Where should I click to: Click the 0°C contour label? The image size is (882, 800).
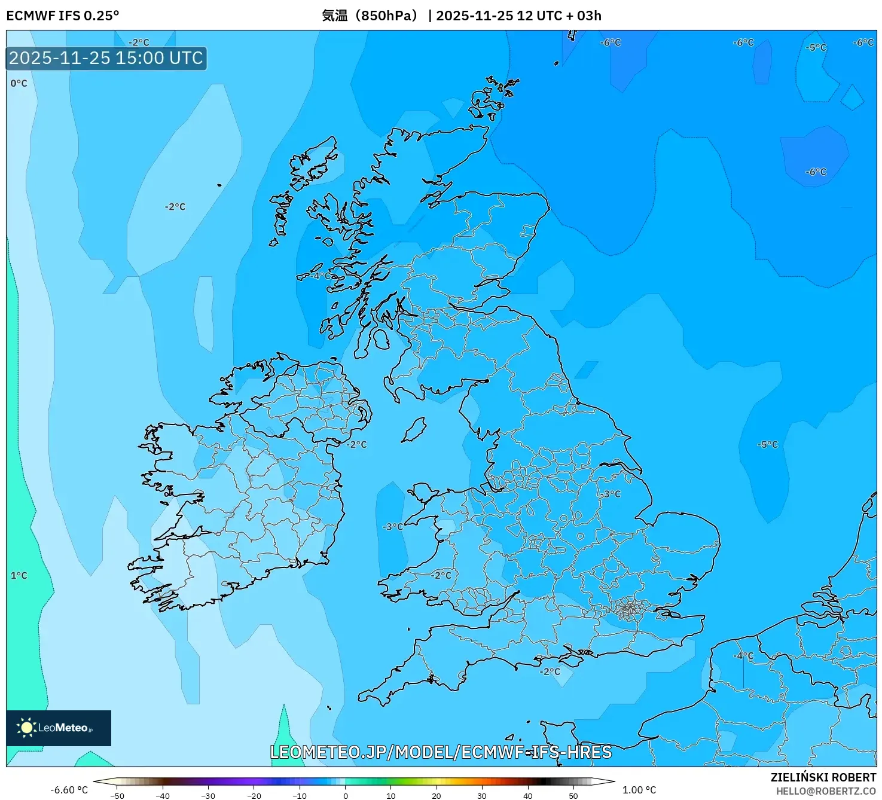tap(19, 84)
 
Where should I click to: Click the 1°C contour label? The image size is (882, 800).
tap(19, 576)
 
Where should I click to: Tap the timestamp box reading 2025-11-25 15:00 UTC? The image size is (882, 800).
tap(106, 59)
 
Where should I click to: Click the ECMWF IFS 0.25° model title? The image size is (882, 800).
tap(63, 16)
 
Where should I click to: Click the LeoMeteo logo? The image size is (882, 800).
tap(59, 728)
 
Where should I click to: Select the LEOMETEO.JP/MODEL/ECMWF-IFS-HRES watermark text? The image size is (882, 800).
tap(441, 752)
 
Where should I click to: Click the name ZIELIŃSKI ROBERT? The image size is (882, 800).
tap(823, 777)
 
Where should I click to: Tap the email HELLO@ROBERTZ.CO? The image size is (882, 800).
tap(826, 791)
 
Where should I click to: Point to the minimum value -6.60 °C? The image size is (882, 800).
tap(69, 790)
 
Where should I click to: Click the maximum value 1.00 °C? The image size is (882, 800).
tap(639, 790)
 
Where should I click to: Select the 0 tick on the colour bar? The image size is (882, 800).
tap(346, 795)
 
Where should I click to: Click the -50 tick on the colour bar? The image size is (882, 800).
tap(117, 795)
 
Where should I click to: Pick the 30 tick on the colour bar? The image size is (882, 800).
tap(482, 795)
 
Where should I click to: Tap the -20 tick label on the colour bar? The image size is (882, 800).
tap(254, 795)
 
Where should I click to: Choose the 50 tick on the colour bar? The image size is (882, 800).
tap(573, 795)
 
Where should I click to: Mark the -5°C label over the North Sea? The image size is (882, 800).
tap(768, 445)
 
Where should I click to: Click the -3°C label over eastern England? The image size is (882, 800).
tap(611, 494)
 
